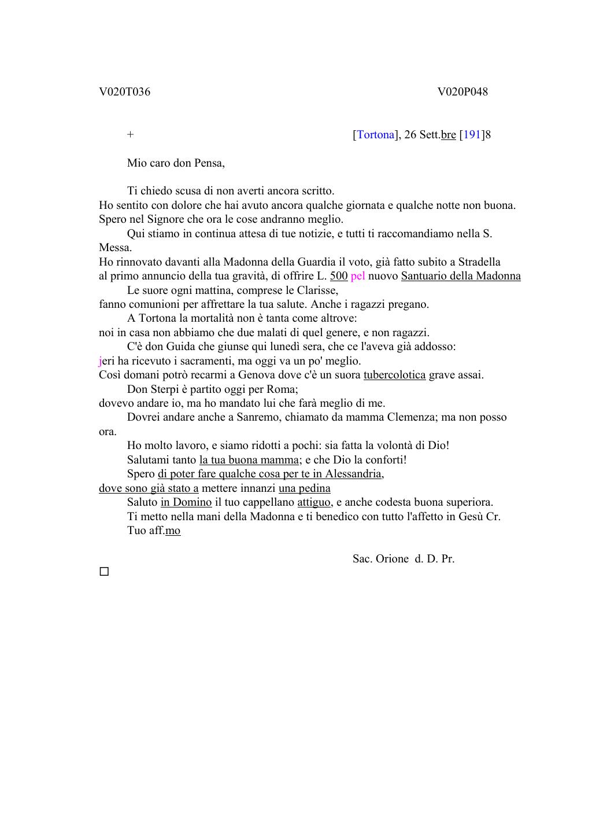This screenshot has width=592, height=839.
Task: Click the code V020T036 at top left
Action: pos(124,92)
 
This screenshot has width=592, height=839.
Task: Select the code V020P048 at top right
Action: pos(462,92)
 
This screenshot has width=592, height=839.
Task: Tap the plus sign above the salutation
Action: pos(131,135)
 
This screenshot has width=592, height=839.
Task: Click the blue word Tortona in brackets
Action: pos(375,135)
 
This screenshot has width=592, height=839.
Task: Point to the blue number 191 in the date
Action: pos(472,135)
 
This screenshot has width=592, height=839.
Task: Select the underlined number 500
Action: pos(339,276)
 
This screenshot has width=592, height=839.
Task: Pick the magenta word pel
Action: pos(358,276)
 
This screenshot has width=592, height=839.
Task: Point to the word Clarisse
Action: pos(317,290)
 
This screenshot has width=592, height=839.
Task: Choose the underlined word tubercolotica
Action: pos(394,375)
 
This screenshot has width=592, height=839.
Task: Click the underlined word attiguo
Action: pos(314,502)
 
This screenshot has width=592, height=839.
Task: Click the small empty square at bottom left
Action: pos(104,572)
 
